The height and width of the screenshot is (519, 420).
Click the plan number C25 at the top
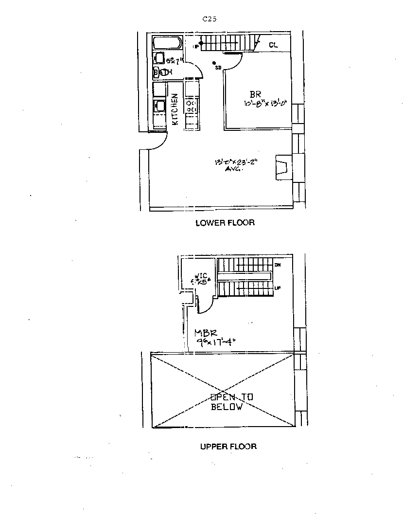click(210, 19)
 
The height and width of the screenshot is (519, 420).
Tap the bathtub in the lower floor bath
click(167, 43)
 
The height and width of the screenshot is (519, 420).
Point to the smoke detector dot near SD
click(214, 63)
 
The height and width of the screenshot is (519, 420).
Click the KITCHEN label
click(175, 110)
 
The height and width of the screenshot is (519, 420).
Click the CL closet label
click(273, 45)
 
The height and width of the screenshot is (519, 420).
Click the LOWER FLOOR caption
click(225, 223)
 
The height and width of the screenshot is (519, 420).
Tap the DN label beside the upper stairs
click(278, 265)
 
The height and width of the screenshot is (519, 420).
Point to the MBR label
click(205, 333)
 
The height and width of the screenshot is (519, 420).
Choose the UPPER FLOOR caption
click(228, 446)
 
